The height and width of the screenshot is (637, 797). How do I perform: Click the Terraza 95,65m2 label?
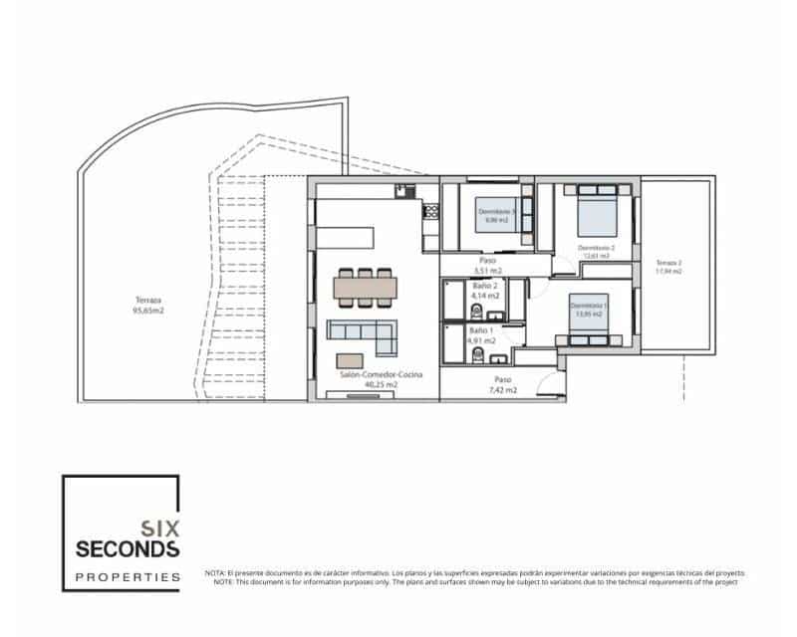[x=148, y=304]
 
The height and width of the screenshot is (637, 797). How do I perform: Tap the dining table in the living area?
[x=366, y=287]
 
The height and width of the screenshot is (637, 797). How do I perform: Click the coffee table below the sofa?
[x=350, y=359]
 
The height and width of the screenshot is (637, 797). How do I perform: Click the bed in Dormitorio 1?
[x=588, y=320]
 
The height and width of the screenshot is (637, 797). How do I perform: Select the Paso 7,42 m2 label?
[x=502, y=385]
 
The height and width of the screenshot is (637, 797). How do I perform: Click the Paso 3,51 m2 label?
[x=486, y=265]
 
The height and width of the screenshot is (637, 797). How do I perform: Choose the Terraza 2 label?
[x=667, y=266]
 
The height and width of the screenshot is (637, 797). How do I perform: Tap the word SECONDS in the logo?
[x=129, y=549]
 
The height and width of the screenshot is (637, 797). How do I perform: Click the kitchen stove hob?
[x=432, y=210]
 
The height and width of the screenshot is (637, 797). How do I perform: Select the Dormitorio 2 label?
[x=596, y=249]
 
